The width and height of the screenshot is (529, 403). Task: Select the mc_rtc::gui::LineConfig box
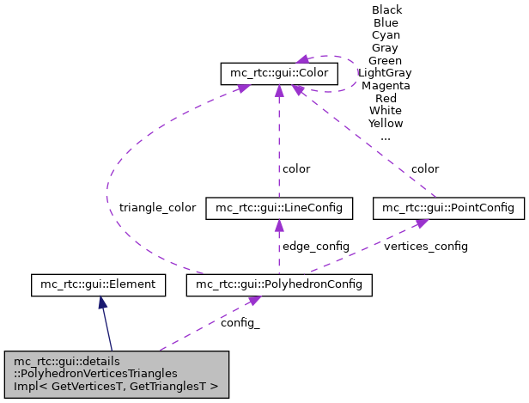tap(279, 208)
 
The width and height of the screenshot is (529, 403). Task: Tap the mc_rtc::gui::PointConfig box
tap(447, 208)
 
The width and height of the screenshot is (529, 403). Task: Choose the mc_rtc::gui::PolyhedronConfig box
tap(279, 284)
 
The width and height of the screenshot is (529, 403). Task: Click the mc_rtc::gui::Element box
tap(97, 284)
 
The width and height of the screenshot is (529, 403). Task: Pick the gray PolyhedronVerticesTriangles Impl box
tap(117, 375)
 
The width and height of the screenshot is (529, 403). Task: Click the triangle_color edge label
tap(157, 208)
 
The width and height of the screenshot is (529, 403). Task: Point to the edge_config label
tap(316, 247)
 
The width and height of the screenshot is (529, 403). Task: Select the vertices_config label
tap(426, 247)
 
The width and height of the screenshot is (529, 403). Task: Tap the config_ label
tap(240, 325)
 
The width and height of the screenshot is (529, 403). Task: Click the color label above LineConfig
tap(296, 169)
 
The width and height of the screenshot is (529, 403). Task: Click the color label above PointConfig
tap(424, 169)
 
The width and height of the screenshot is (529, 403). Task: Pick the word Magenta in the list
tap(386, 86)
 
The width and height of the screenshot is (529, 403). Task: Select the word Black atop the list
tap(386, 10)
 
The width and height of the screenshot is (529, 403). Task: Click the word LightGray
tap(386, 73)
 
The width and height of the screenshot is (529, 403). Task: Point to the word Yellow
tap(386, 124)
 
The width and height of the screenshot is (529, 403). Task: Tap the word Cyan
tap(386, 35)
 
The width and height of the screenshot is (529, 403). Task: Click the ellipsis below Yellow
tap(386, 137)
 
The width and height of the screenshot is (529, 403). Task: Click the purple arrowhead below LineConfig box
tap(279, 225)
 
